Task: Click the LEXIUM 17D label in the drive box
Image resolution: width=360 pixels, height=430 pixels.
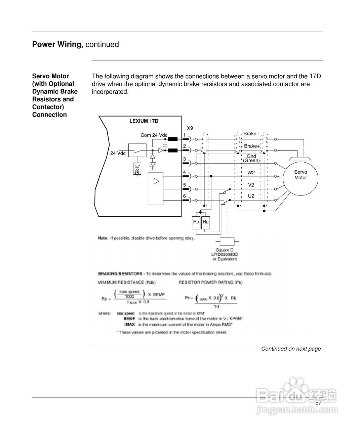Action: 144,121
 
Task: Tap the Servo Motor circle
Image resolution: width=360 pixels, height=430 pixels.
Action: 301,175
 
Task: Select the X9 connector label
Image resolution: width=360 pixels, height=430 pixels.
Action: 190,128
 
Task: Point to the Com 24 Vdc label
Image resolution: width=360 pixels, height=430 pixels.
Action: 154,135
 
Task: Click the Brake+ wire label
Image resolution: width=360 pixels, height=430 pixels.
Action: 252,146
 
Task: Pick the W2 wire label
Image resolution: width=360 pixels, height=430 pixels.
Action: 251,173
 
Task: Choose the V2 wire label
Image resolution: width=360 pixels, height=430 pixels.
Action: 251,185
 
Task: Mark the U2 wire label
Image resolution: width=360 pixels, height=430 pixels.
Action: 251,196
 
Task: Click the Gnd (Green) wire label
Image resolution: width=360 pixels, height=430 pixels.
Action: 251,158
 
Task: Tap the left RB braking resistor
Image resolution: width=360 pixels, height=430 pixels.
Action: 196,222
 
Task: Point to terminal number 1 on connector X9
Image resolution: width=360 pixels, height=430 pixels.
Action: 184,135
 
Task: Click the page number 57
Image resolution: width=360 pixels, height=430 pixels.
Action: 318,403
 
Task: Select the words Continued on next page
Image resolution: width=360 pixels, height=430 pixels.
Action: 291,349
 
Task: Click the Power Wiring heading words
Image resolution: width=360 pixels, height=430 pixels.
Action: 57,44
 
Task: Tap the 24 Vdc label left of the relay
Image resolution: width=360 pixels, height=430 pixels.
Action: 118,153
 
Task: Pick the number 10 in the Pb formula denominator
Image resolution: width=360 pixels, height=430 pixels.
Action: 216,307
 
